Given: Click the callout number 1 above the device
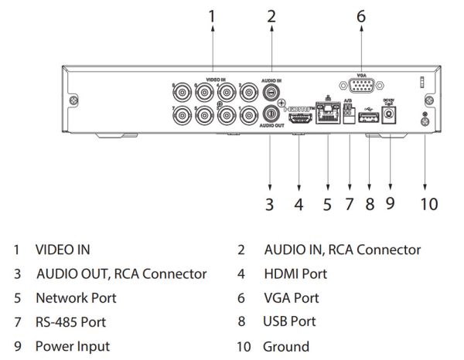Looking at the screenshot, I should (213, 15).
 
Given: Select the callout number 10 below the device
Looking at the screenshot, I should (428, 205).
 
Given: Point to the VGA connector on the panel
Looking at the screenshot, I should (360, 87).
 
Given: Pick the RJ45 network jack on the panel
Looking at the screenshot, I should (328, 117).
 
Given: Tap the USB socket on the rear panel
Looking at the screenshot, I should (369, 117).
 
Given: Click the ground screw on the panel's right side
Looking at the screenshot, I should (424, 117).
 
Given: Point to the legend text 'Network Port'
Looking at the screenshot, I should (76, 297).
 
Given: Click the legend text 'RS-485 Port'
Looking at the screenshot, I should (70, 321).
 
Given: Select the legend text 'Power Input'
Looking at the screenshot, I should (72, 346).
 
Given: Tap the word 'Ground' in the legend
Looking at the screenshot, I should (285, 346).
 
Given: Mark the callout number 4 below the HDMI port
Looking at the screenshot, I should (299, 205).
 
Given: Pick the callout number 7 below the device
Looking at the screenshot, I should (349, 205).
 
